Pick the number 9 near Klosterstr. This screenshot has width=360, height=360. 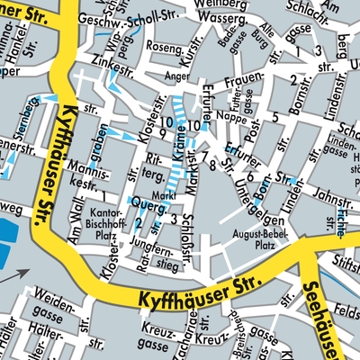click(x=162, y=134)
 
